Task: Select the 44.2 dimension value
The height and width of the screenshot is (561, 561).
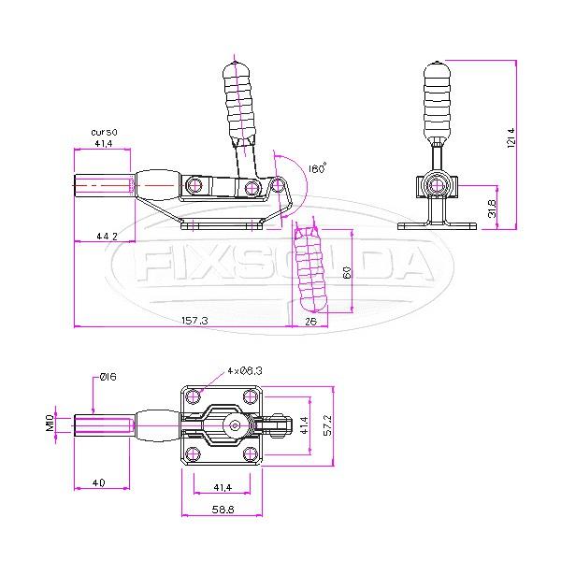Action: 107,237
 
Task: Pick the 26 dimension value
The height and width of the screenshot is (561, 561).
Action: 309,321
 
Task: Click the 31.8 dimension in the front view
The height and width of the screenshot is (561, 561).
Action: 494,206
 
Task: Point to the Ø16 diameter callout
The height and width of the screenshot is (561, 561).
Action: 108,377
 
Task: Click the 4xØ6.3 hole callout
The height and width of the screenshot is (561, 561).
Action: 244,370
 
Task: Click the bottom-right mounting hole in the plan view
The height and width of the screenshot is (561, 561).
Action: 249,454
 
